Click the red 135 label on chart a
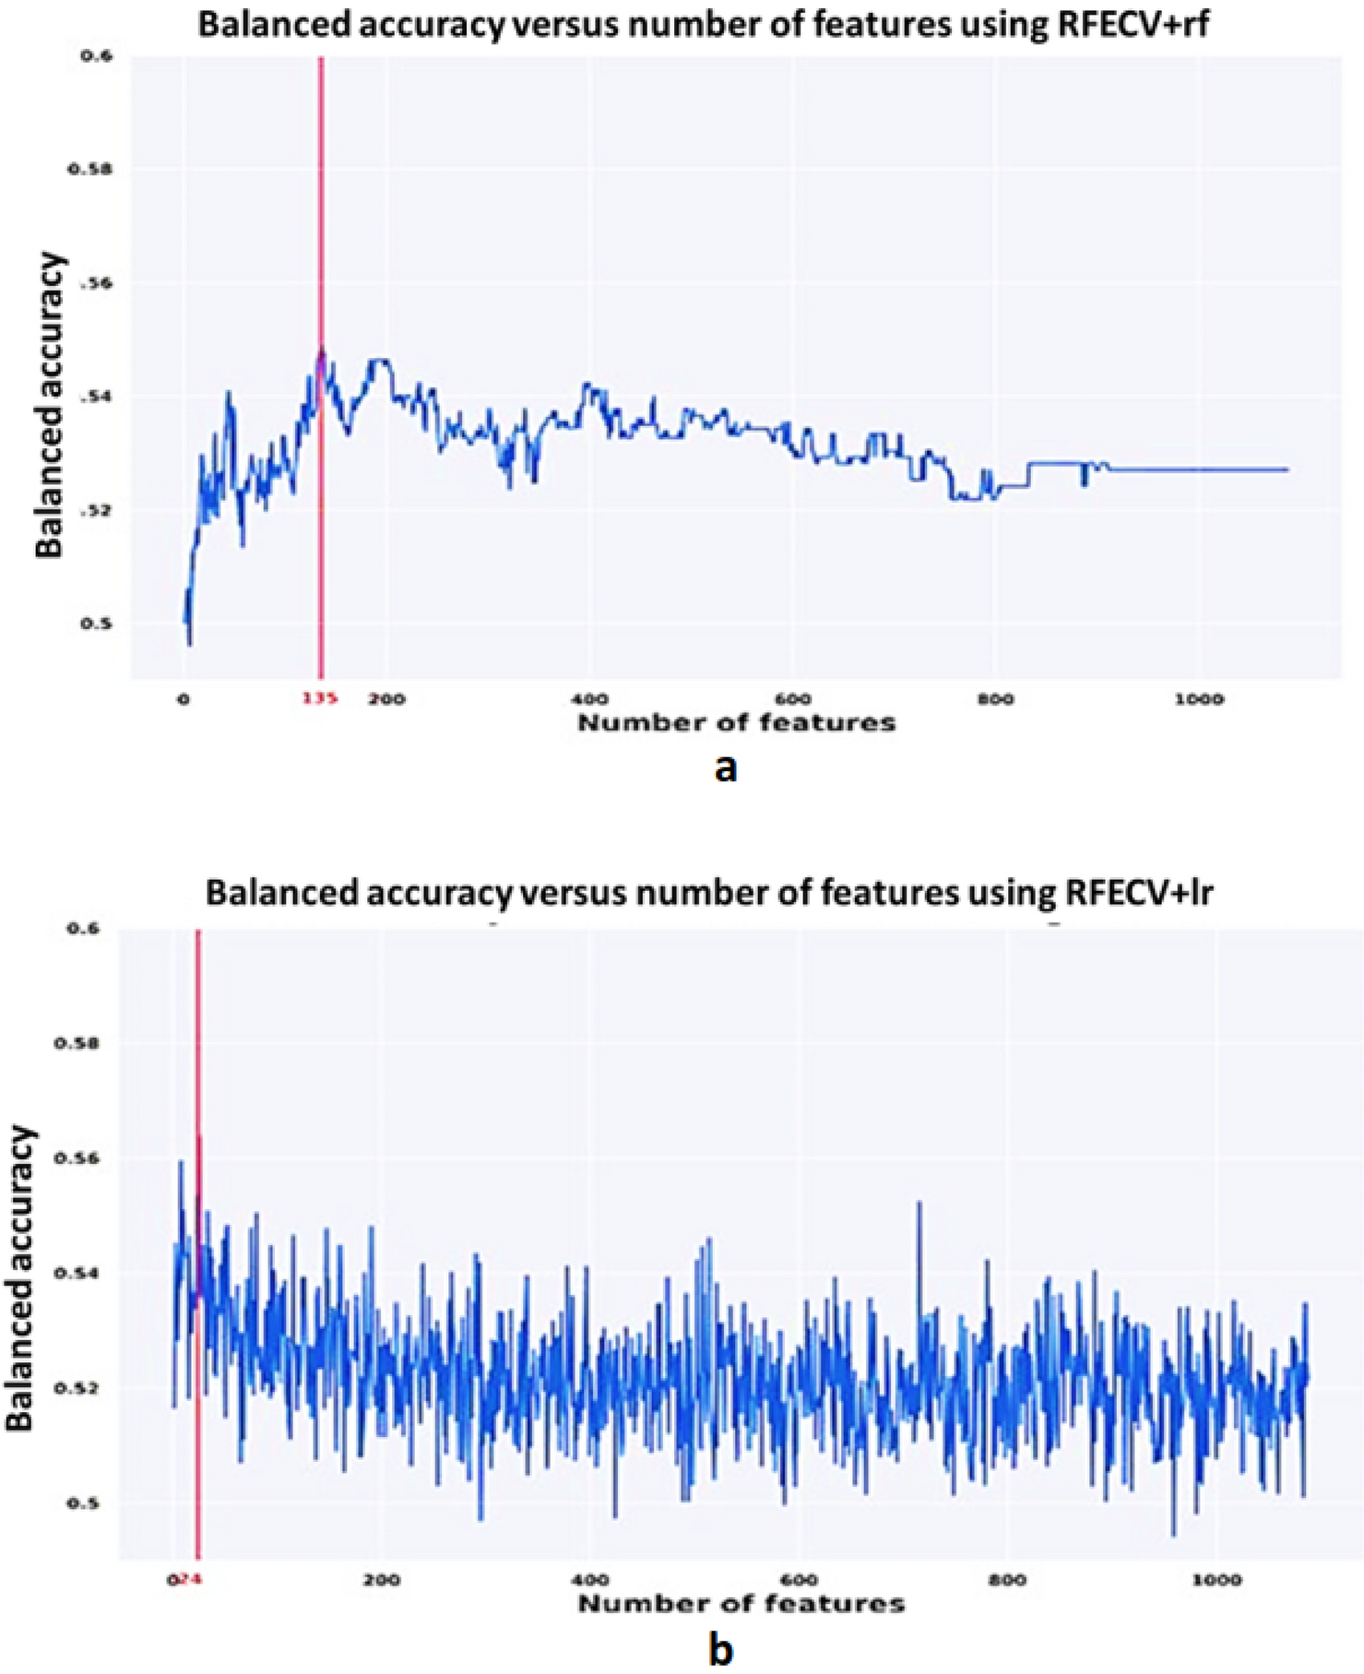pos(319,698)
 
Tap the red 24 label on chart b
pos(192,1579)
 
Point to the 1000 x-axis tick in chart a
pos(1200,699)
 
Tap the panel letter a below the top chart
pos(726,767)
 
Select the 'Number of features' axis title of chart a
pos(736,723)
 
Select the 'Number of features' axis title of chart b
pos(741,1604)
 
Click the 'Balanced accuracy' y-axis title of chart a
pos(50,406)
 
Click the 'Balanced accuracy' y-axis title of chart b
pos(20,1277)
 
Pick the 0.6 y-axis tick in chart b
pos(81,929)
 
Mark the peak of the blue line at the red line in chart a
pos(321,349)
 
